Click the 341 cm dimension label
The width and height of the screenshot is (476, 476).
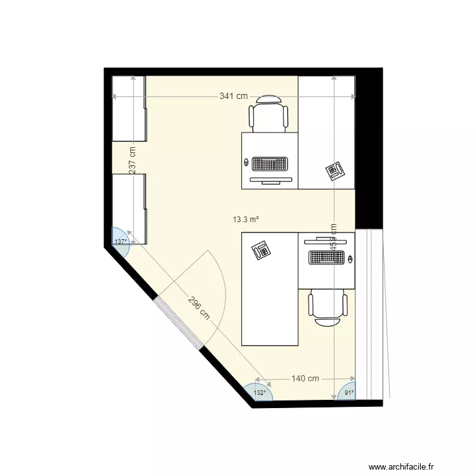[234, 96]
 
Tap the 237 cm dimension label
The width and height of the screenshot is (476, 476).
[133, 161]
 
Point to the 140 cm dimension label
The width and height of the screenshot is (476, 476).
[305, 379]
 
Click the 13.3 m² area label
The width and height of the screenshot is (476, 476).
[246, 220]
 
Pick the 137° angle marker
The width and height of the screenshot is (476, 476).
[120, 242]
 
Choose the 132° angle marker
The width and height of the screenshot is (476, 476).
[260, 393]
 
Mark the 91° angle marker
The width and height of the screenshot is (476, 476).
[348, 393]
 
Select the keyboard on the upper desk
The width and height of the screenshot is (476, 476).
[270, 164]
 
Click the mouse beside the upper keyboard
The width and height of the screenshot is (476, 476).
[245, 162]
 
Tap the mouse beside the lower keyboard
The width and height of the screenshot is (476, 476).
[351, 258]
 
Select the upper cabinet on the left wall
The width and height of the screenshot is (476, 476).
[129, 107]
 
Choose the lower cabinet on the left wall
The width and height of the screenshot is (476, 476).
[129, 208]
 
